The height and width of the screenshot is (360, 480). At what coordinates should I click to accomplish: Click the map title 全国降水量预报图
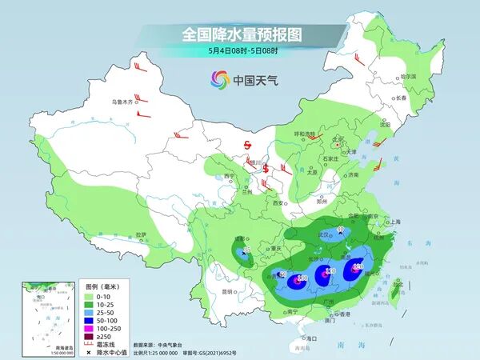239,34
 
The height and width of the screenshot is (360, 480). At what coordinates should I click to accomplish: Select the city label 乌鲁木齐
124,102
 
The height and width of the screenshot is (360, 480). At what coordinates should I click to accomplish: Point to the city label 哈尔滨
408,76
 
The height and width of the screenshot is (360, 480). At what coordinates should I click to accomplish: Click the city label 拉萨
141,234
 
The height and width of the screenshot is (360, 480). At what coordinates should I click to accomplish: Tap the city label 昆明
229,291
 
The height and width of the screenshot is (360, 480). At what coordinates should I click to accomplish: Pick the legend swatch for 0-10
91,296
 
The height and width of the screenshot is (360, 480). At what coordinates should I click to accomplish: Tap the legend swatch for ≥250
91,338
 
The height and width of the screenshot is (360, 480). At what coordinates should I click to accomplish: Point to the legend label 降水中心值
120,353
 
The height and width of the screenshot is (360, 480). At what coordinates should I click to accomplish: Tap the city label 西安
278,204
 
